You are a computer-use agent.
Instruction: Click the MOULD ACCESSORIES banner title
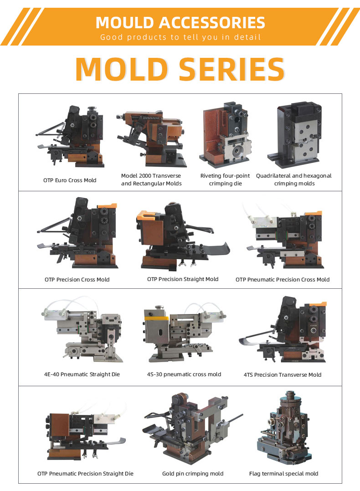180,23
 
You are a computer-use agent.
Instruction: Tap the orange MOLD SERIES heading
180,69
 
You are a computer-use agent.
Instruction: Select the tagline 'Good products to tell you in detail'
180,37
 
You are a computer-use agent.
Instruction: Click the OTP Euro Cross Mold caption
70,180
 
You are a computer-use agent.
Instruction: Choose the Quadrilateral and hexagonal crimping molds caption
294,179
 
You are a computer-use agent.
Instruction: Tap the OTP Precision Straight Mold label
183,279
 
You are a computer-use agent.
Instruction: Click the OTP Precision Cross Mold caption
77,279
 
